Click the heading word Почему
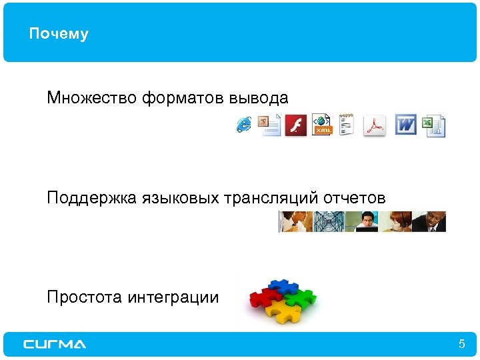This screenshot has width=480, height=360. tap(59, 34)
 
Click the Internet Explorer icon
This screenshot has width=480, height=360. tap(244, 124)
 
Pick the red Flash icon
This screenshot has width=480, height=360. tap(295, 125)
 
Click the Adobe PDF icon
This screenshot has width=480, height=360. tap(375, 125)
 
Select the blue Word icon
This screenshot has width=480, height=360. tap(405, 125)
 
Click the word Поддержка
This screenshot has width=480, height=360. tap(92, 199)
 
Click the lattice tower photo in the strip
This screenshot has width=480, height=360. tap(329, 221)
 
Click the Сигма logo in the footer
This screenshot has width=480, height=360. tap(55, 344)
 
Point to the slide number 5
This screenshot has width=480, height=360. tap(461, 345)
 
